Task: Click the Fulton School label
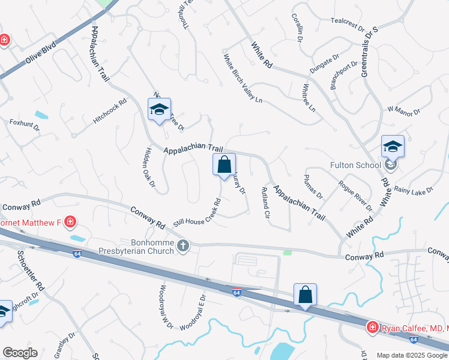355,165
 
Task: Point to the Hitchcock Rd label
110,112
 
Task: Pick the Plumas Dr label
313,187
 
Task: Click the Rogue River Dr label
355,196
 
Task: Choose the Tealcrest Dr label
348,24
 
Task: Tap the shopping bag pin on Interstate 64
305,295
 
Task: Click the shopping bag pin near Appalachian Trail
224,165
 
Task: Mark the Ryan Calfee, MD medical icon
373,326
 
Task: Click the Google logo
20,353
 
